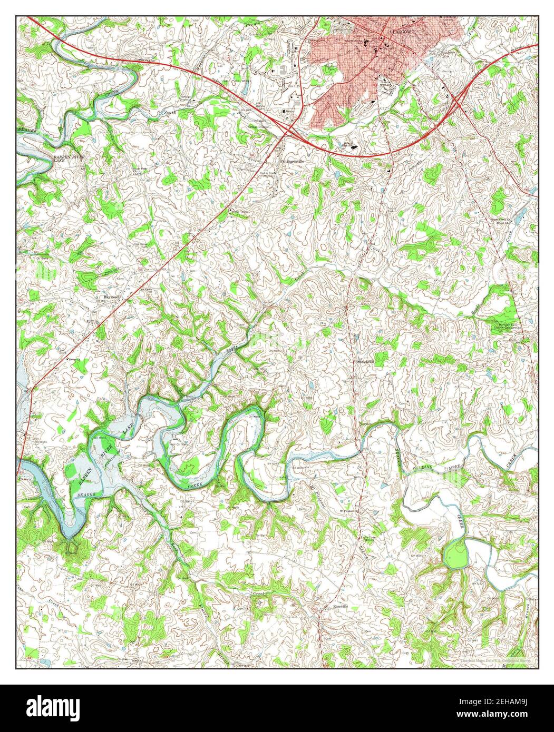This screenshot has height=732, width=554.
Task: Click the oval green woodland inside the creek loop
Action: pos(456,555)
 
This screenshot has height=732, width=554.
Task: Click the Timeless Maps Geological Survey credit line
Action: pos(495,660)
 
